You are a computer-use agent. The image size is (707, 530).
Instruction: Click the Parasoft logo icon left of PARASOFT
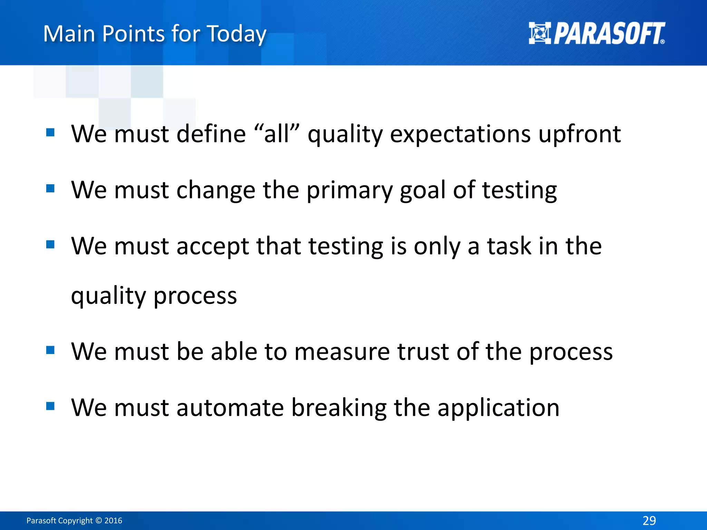tap(540, 33)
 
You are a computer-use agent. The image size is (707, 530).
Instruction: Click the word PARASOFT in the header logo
tap(609, 33)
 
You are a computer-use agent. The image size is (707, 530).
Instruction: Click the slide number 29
tap(649, 520)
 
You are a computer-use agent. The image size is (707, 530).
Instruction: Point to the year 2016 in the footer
tap(113, 521)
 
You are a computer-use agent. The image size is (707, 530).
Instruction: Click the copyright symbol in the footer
tap(98, 521)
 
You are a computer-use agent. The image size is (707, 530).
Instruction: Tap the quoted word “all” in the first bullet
tap(277, 134)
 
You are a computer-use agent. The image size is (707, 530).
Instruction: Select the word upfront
tap(580, 134)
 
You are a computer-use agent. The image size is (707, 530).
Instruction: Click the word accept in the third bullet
tap(213, 246)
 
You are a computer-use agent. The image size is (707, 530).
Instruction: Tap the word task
tap(509, 246)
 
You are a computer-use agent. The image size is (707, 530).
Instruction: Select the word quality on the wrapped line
tap(108, 296)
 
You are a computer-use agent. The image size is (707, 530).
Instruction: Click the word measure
tap(342, 352)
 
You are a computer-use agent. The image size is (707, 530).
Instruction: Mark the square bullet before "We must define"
tap(50, 132)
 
